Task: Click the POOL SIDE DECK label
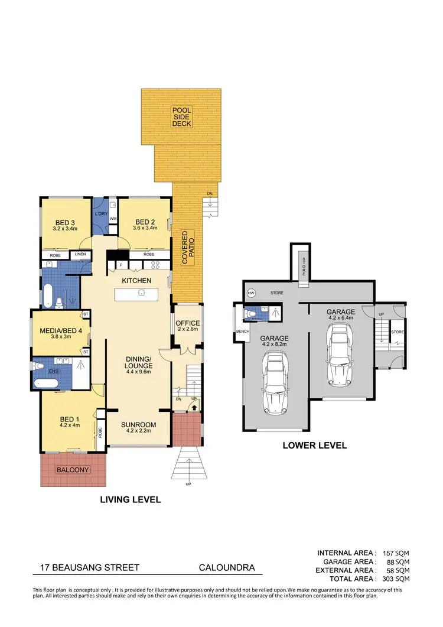[x=181, y=116]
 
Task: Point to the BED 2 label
[x=145, y=222]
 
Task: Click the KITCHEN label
[x=137, y=280]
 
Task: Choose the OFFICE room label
[x=188, y=323]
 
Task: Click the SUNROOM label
[x=138, y=425]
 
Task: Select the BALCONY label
[x=72, y=470]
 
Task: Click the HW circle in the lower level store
[x=251, y=293]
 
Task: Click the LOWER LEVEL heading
[x=314, y=446]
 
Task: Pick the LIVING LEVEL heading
[x=131, y=499]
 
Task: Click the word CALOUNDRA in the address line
[x=227, y=568]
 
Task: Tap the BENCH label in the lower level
[x=242, y=331]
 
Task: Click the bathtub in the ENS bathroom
[x=46, y=384]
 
